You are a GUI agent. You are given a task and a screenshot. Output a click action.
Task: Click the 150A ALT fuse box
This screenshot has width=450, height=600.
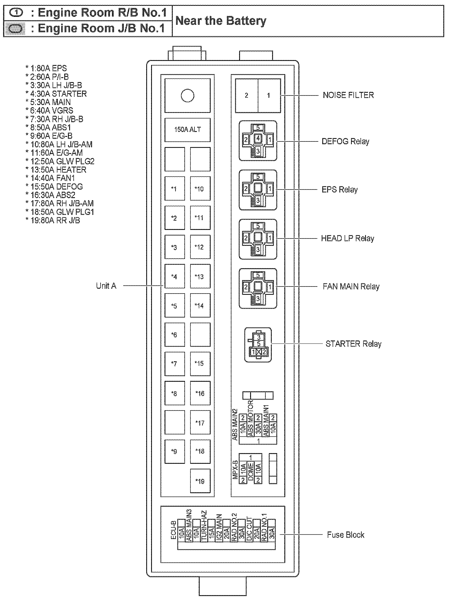click(x=187, y=129)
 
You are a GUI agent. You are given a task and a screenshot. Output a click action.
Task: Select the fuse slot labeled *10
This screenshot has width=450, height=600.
click(x=200, y=189)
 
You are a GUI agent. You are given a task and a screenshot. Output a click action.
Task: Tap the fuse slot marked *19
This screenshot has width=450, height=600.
click(x=200, y=481)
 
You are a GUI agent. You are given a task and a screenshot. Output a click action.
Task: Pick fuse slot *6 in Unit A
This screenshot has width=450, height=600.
click(x=175, y=335)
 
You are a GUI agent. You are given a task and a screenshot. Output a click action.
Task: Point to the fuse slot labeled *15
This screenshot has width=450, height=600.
click(x=200, y=363)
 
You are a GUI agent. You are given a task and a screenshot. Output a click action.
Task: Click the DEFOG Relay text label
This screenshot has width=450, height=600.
click(x=345, y=141)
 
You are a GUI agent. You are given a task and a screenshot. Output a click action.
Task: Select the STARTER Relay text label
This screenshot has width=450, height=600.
click(x=353, y=344)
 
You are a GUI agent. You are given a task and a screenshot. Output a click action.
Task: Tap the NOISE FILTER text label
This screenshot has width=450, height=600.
click(x=348, y=95)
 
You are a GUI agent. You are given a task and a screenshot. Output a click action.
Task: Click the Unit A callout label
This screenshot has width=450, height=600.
click(x=106, y=286)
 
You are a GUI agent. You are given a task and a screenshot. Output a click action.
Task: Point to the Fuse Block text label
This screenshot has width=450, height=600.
click(x=345, y=535)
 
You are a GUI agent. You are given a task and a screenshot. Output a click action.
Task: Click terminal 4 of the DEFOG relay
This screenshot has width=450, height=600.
click(x=258, y=138)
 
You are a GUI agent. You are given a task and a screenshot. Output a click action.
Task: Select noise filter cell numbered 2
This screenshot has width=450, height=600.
click(x=247, y=96)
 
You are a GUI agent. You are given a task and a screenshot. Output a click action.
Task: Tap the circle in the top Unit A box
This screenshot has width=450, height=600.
click(x=187, y=96)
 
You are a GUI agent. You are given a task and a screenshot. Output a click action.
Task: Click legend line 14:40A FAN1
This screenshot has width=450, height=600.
click(x=51, y=178)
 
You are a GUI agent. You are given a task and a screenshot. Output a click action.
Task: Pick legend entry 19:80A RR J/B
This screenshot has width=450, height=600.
click(x=53, y=220)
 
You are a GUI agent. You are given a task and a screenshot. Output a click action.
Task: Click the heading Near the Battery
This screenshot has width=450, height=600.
click(x=221, y=21)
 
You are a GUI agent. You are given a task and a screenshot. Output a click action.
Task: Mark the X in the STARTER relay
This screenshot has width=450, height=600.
click(x=259, y=352)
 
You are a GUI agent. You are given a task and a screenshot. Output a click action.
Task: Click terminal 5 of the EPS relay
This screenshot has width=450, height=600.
click(x=258, y=177)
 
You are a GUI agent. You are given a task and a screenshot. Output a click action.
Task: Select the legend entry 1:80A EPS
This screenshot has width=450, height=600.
click(x=46, y=68)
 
